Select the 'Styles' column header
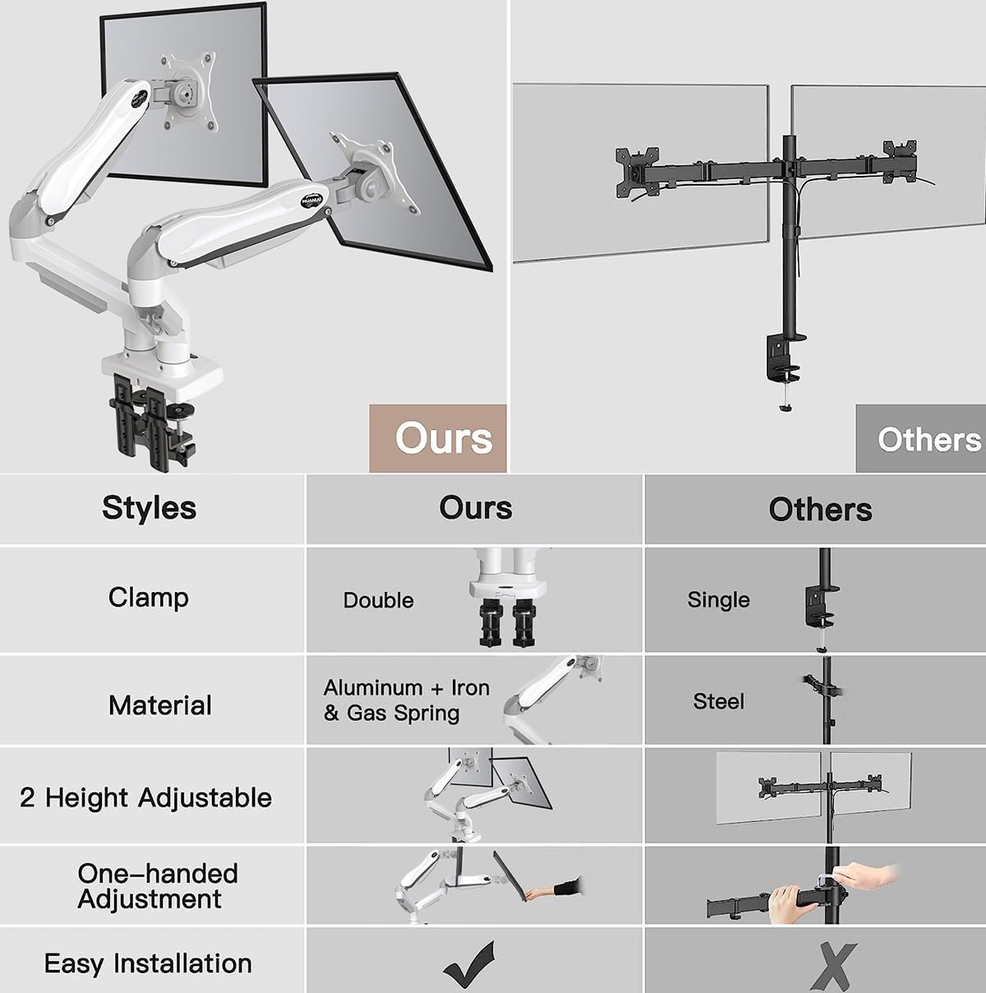point(149,508)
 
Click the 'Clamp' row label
point(149,598)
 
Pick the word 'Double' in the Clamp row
point(378,600)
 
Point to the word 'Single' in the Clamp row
point(718,600)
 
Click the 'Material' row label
point(160,705)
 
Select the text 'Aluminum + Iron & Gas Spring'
point(406,700)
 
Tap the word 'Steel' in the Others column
point(718,702)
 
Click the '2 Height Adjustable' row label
point(145,797)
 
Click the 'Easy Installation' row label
point(148,963)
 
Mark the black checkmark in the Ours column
point(470,965)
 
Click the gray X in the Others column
point(832,967)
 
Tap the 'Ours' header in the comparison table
point(475,508)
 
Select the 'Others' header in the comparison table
point(820,510)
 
